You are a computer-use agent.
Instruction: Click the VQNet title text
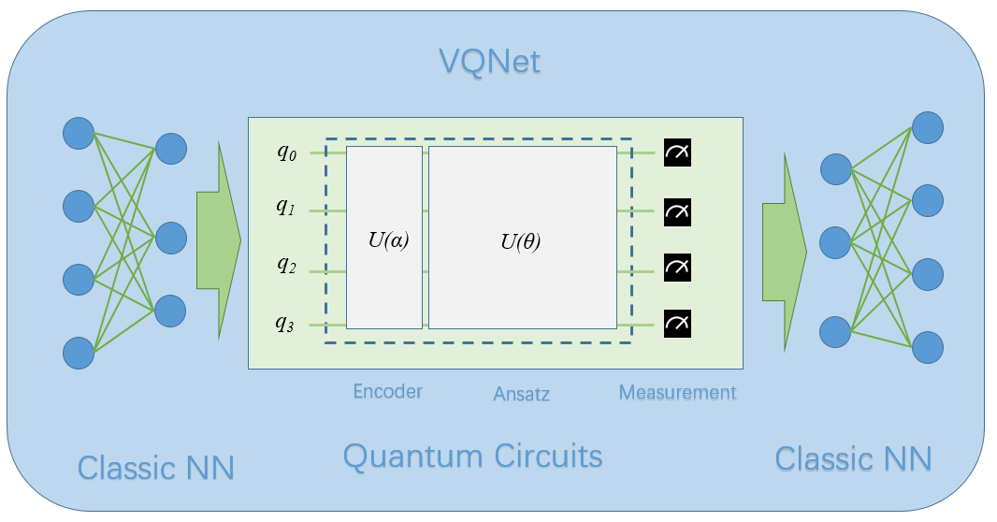pos(490,63)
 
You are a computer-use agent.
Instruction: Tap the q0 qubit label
pos(286,153)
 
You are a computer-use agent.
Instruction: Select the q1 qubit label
pos(286,208)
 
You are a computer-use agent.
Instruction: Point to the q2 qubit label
pos(286,265)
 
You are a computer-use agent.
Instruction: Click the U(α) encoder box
pos(384,238)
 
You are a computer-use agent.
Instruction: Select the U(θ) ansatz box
pos(522,238)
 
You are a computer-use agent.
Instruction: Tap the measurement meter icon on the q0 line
pos(677,152)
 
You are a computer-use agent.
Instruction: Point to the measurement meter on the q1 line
pos(677,212)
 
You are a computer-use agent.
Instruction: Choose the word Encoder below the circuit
pos(387,391)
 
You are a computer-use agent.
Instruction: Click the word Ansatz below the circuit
pos(521,394)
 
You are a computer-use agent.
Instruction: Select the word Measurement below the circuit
pos(677,392)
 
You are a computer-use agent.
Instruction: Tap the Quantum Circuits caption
pos(472,456)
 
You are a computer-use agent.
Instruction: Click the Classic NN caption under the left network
pos(155,466)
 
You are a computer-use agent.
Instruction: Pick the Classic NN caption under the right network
pos(853,458)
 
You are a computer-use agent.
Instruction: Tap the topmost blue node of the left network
pos(78,133)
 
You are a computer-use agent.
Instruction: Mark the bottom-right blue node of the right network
pos(928,346)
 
